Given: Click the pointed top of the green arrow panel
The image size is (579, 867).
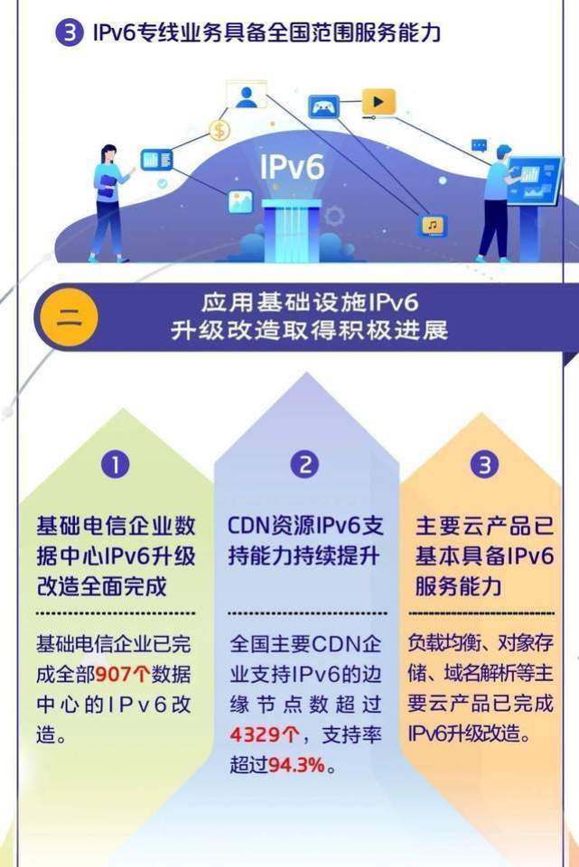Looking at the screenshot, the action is click(x=122, y=408).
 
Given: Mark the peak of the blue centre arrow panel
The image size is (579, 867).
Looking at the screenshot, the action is click(x=306, y=372).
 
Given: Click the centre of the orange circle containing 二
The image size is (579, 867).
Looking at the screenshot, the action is click(x=70, y=318).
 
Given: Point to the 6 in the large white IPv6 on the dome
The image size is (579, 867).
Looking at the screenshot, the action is click(x=314, y=166).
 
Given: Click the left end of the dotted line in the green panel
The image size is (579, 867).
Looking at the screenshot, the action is click(x=37, y=613).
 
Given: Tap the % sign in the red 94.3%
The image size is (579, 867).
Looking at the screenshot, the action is click(x=316, y=765).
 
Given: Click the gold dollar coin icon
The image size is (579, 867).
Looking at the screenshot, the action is click(x=219, y=131).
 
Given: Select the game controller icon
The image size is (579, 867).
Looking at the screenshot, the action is click(x=323, y=106).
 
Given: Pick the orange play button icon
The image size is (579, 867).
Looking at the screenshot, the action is click(x=378, y=102).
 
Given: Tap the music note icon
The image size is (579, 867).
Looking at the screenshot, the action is click(x=433, y=226).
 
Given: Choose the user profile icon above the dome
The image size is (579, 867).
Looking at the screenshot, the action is click(x=247, y=95).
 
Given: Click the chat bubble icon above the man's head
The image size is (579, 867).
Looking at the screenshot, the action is click(x=479, y=146).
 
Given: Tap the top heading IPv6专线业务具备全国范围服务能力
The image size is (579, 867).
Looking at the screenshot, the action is click(x=266, y=32).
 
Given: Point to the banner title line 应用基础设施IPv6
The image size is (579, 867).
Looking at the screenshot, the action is click(x=310, y=303).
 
